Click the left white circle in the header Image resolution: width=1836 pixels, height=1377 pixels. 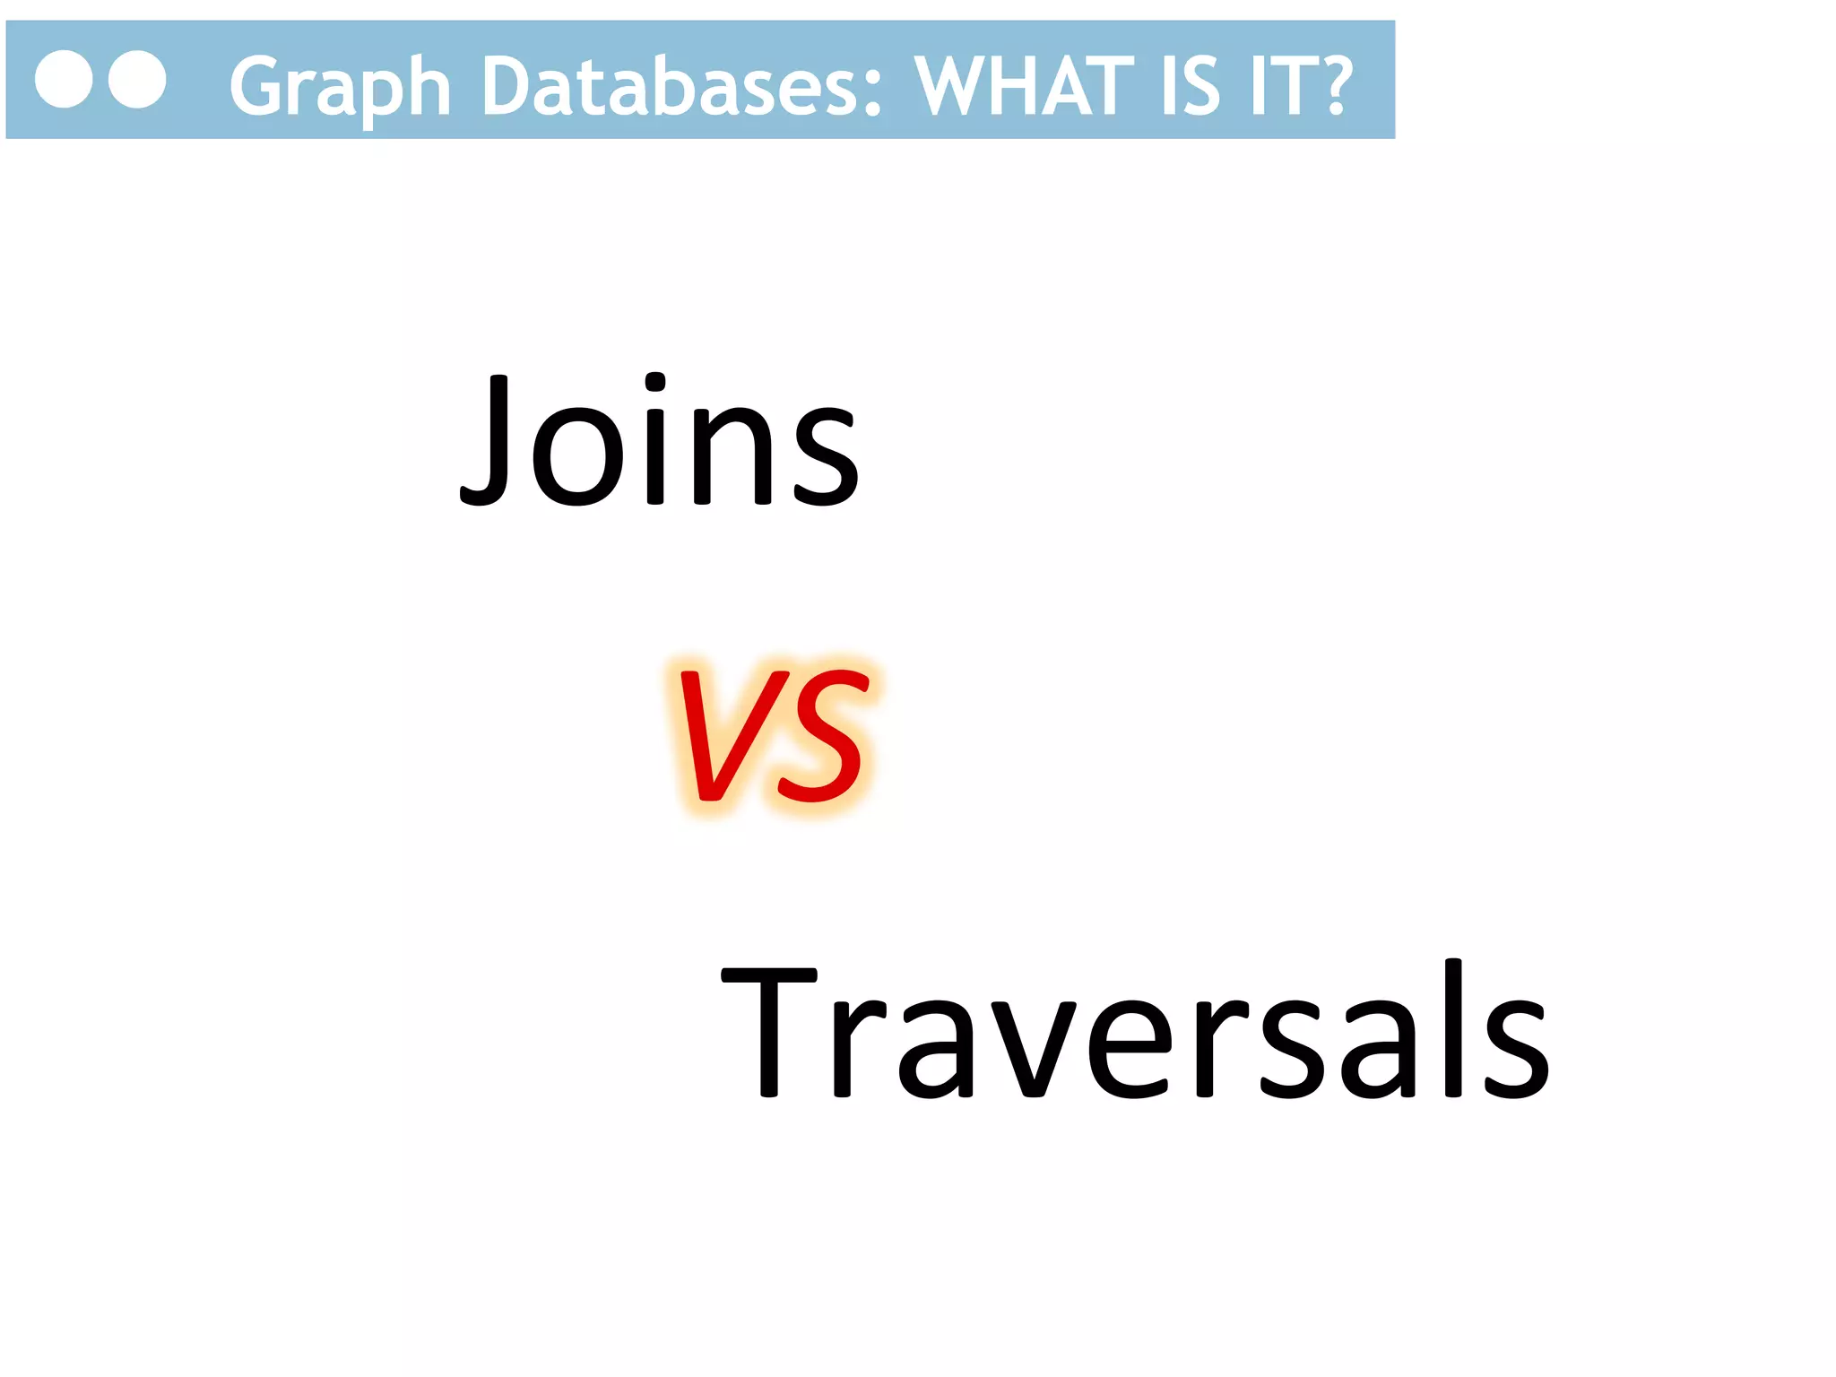pyautogui.click(x=64, y=80)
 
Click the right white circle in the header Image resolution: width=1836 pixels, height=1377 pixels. pyautogui.click(x=137, y=80)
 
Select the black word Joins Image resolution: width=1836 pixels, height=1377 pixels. pyautogui.click(x=660, y=440)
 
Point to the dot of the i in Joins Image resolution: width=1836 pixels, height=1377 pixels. pyautogui.click(x=656, y=382)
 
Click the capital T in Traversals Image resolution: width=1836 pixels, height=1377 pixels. pyautogui.click(x=769, y=1031)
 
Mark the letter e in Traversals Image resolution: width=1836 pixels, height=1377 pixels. pyautogui.click(x=1130, y=1049)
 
